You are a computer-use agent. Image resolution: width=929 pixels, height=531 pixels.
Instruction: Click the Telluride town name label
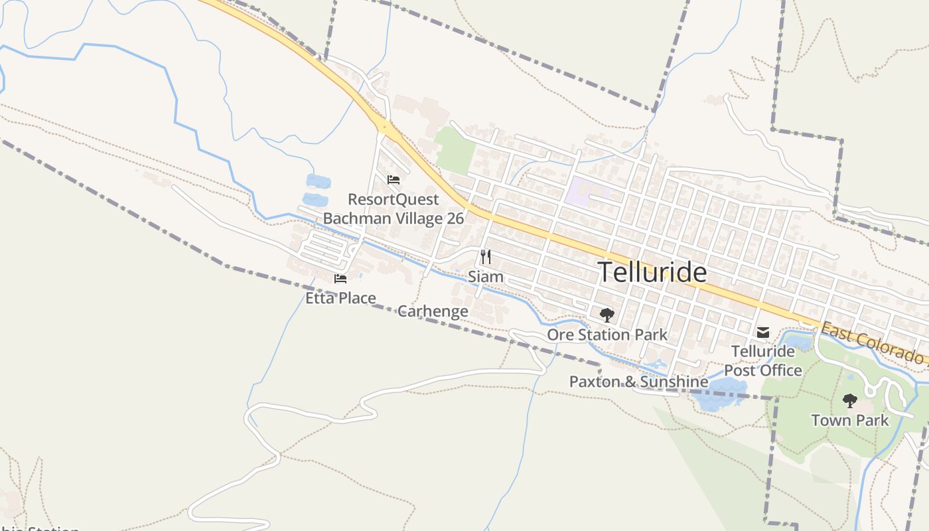pos(652,272)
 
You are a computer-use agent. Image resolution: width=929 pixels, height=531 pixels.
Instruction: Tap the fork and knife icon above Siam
pos(486,257)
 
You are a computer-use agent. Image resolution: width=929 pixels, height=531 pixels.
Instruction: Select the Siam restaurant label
pos(486,276)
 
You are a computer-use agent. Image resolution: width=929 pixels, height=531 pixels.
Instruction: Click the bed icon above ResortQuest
pos(393,179)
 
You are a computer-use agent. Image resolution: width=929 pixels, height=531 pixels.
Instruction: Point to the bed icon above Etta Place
pos(340,279)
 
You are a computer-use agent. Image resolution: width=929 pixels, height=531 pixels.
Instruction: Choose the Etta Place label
pos(340,298)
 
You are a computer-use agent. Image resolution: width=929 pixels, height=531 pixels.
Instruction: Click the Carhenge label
pos(433,311)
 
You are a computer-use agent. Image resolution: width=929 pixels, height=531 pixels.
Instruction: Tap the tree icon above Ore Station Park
pos(607,315)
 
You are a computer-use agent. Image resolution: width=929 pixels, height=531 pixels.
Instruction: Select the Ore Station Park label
pos(607,335)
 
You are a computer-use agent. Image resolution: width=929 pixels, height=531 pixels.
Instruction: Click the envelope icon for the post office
pos(763,332)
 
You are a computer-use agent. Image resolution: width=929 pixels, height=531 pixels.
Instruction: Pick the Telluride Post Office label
pos(763,360)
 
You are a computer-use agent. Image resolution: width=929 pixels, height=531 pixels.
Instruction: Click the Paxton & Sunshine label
pos(638,382)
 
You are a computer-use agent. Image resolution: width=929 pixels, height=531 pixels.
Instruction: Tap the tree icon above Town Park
pos(849,401)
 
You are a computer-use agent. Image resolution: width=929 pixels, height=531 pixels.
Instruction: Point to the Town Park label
pos(849,420)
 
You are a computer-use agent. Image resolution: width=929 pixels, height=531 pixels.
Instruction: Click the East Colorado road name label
pos(873,342)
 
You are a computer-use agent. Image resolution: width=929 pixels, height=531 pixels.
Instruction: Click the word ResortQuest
pos(393,199)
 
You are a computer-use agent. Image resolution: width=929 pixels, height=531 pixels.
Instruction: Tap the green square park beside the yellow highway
pos(455,149)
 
